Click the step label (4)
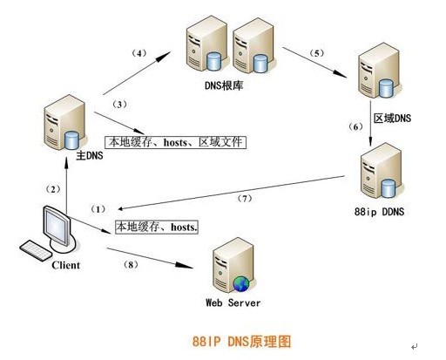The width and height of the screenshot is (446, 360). [x=139, y=53]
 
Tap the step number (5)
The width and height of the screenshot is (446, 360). [x=317, y=53]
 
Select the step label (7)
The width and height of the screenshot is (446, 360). [x=245, y=199]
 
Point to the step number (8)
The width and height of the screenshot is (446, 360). [x=131, y=265]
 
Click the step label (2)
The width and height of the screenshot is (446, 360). [x=53, y=189]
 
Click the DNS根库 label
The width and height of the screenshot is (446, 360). [x=224, y=85]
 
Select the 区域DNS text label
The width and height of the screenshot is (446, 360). [x=392, y=119]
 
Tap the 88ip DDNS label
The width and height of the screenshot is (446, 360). [x=379, y=212]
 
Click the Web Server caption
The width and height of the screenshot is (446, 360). [x=233, y=302]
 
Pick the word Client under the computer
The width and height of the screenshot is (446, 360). [x=65, y=265]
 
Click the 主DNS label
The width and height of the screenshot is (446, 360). [x=90, y=155]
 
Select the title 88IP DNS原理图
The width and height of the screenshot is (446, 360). [x=241, y=341]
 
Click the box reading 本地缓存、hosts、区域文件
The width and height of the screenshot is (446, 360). [x=175, y=142]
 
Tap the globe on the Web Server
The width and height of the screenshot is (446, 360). [x=241, y=283]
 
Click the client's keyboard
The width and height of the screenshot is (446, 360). [x=36, y=250]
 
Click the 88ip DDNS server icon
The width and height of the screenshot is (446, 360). [x=382, y=172]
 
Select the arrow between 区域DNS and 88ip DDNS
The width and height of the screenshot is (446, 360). [x=370, y=123]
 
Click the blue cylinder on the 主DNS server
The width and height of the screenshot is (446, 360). [x=71, y=140]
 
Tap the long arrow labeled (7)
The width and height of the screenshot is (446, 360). [x=231, y=193]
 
